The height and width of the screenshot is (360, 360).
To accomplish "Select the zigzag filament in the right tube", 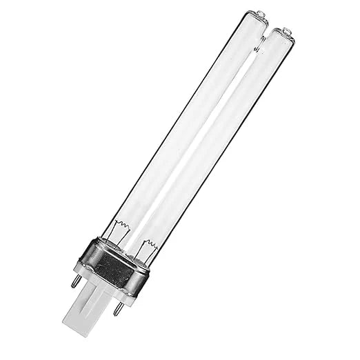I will click(150, 245).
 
